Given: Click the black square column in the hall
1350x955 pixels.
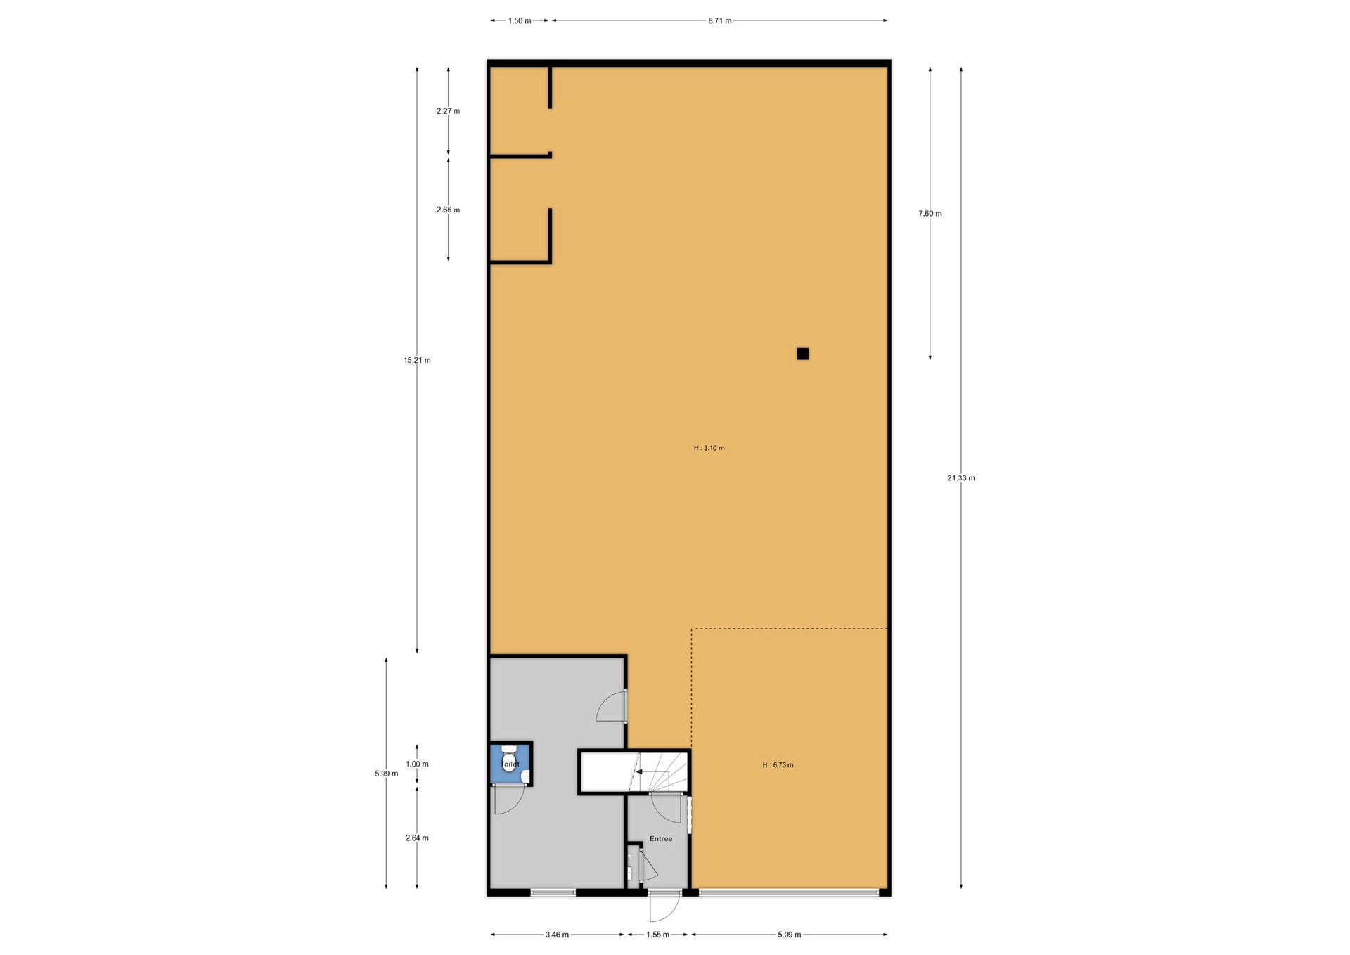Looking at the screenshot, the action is pos(802,354).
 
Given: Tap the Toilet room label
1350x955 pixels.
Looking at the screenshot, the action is pos(510,764).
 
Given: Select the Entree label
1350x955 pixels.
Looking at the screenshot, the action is pos(661,838).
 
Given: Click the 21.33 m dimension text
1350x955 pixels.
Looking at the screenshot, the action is pos(960,478).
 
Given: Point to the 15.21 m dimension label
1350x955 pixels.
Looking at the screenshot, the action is pos(417,360).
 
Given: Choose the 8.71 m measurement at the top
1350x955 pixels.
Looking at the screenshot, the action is pos(719,21).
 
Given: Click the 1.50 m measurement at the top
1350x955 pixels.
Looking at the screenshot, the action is pos(520,21).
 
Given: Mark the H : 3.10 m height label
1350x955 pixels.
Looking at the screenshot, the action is pos(709,448).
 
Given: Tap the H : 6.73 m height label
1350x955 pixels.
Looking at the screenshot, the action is pos(778,765).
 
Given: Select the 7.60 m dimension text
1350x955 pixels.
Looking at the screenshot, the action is pos(930,214).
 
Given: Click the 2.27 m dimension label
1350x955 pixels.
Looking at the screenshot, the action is pos(448,111).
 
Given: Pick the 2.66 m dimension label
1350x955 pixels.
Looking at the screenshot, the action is pos(448,210).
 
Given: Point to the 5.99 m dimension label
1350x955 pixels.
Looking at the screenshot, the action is pos(386,774).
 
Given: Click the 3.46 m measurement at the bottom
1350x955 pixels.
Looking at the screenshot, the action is pos(557,935).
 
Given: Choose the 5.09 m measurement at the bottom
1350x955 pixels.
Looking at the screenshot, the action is pos(789,935).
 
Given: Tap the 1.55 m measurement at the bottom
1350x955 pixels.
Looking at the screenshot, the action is pos(657,935).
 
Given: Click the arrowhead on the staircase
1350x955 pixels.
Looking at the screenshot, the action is pos(638,771).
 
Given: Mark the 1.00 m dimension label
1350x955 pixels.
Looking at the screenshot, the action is pos(417,764).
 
